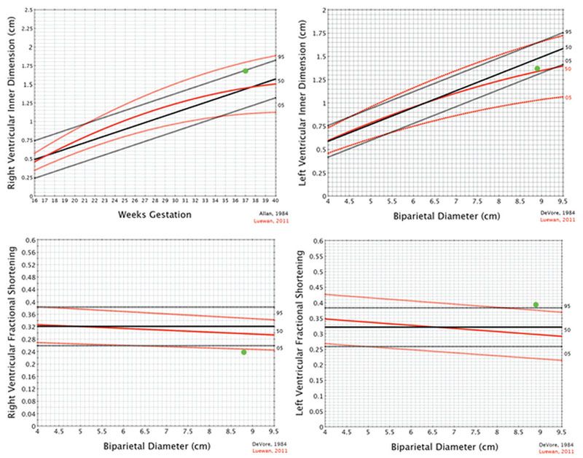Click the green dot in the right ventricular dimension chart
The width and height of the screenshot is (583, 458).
click(x=246, y=71)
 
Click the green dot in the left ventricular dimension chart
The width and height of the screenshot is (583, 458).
click(x=537, y=69)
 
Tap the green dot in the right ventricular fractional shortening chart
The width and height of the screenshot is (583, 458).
click(x=243, y=352)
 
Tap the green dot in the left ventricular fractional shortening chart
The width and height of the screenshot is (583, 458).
click(x=536, y=305)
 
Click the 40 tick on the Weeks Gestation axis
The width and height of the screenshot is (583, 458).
click(x=275, y=201)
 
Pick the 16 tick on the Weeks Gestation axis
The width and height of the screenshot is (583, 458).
click(x=35, y=201)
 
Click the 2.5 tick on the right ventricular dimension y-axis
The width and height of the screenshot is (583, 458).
click(x=27, y=10)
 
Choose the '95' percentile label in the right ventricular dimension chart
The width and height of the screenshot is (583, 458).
click(x=281, y=55)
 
